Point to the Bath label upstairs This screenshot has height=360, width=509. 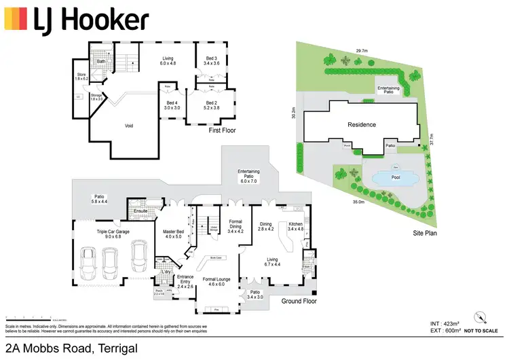pos(100,62)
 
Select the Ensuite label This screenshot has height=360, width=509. pos(140,211)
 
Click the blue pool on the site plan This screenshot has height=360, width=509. pos(386,179)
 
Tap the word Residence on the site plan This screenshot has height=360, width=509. pos(362,125)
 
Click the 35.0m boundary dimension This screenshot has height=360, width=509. pos(358,202)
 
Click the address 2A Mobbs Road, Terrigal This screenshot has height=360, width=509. pos(71,348)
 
